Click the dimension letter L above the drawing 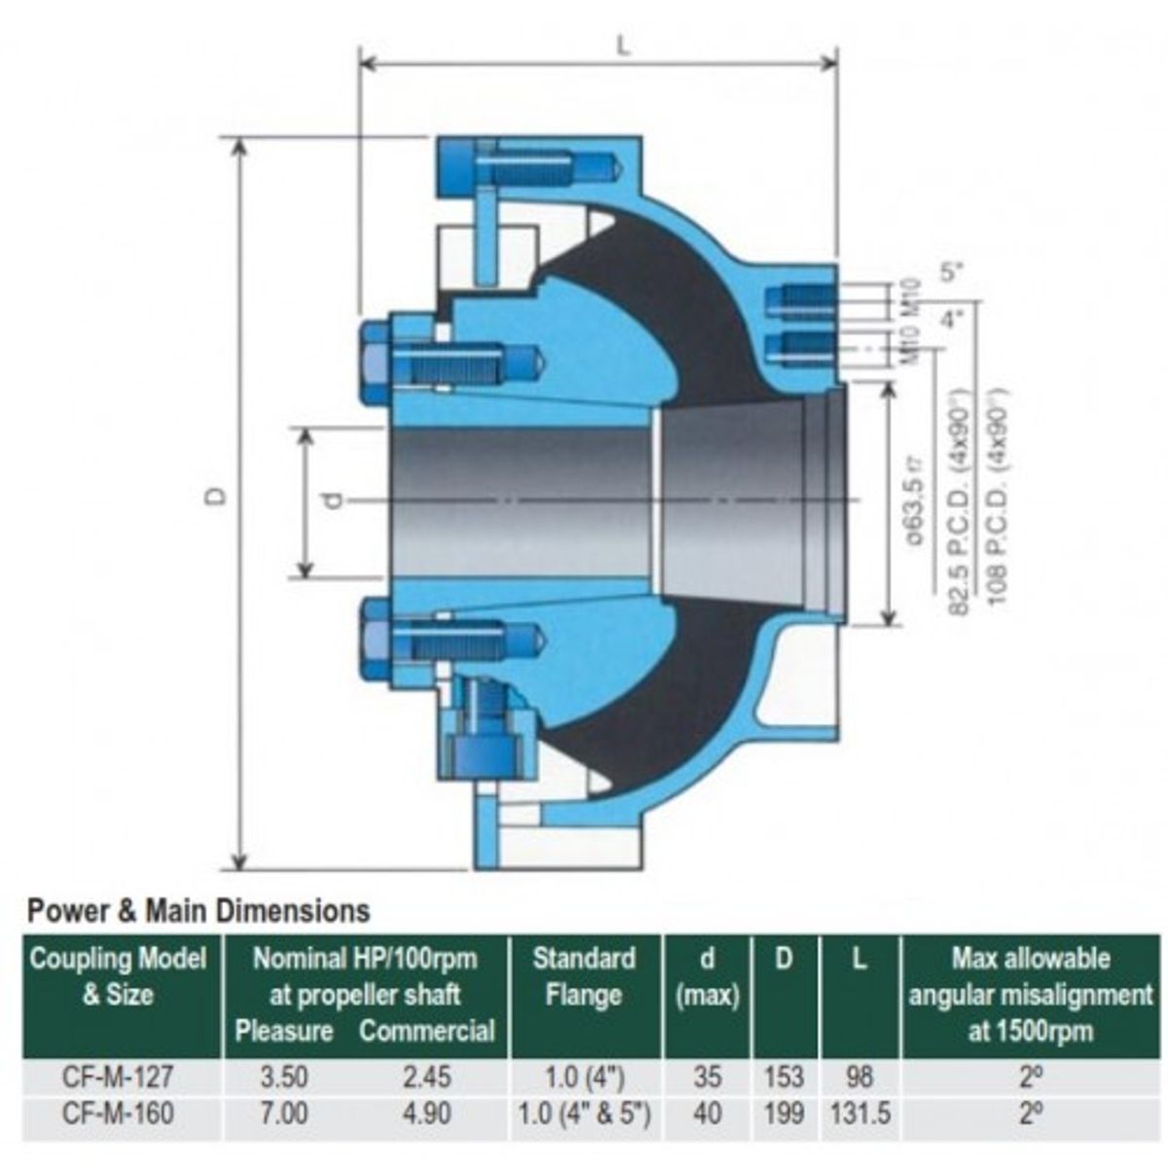tap(624, 46)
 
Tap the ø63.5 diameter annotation tap(914, 505)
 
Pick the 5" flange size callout tap(950, 272)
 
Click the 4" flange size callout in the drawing tap(950, 317)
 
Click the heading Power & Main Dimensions tap(199, 911)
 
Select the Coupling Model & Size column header tap(118, 976)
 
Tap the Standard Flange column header tap(584, 976)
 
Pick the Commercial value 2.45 tap(426, 1077)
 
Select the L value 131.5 tap(859, 1112)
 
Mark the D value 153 tap(784, 1077)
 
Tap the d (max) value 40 tap(708, 1112)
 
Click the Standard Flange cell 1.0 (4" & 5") tap(584, 1112)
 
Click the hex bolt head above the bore tap(375, 365)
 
